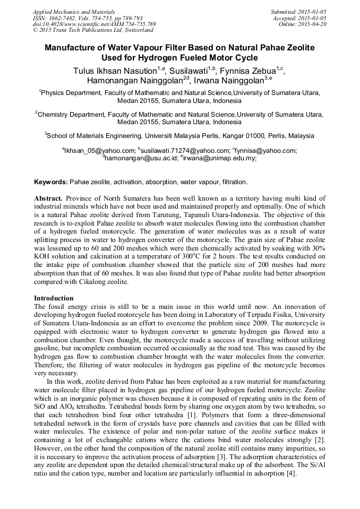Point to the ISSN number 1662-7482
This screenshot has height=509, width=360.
[x=62, y=18]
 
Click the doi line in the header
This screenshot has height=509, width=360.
[x=94, y=24]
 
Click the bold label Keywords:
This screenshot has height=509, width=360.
[x=50, y=182]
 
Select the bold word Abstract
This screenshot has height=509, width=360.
[x=48, y=197]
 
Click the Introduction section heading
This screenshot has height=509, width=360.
[x=54, y=298]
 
